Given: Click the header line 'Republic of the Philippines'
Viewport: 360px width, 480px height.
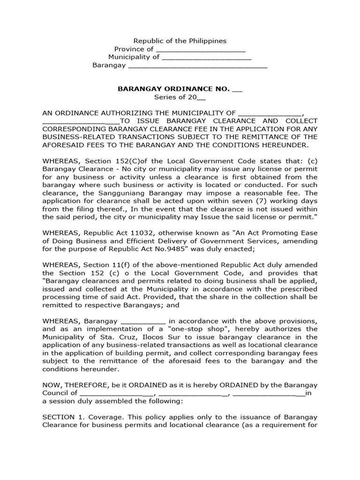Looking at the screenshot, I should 180,41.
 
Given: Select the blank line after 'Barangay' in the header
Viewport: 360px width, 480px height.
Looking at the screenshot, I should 197,66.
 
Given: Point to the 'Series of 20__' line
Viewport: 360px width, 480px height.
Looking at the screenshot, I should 180,97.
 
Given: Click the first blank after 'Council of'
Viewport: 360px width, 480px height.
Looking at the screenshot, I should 114,394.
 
